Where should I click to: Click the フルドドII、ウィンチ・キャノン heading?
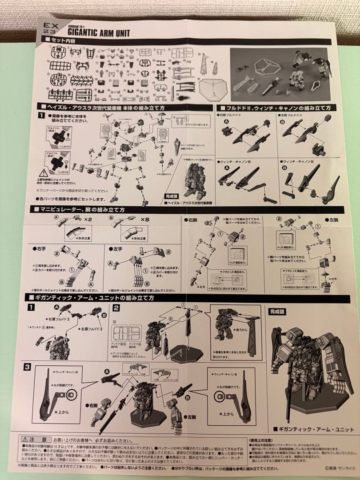click(x=276, y=108)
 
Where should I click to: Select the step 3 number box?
click(x=28, y=367)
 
